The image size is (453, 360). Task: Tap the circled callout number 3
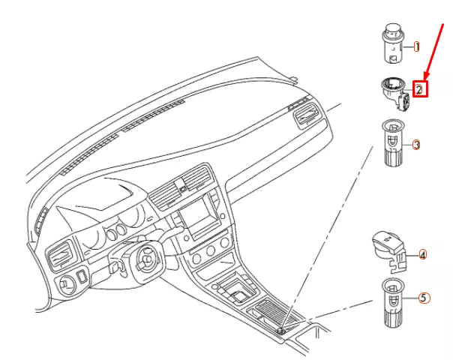coord(415,144)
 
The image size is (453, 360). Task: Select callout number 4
coord(422,256)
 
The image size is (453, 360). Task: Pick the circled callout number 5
coord(424,298)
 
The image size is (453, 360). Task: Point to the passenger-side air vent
coord(307,116)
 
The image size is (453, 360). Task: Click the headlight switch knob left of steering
coord(66,284)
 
